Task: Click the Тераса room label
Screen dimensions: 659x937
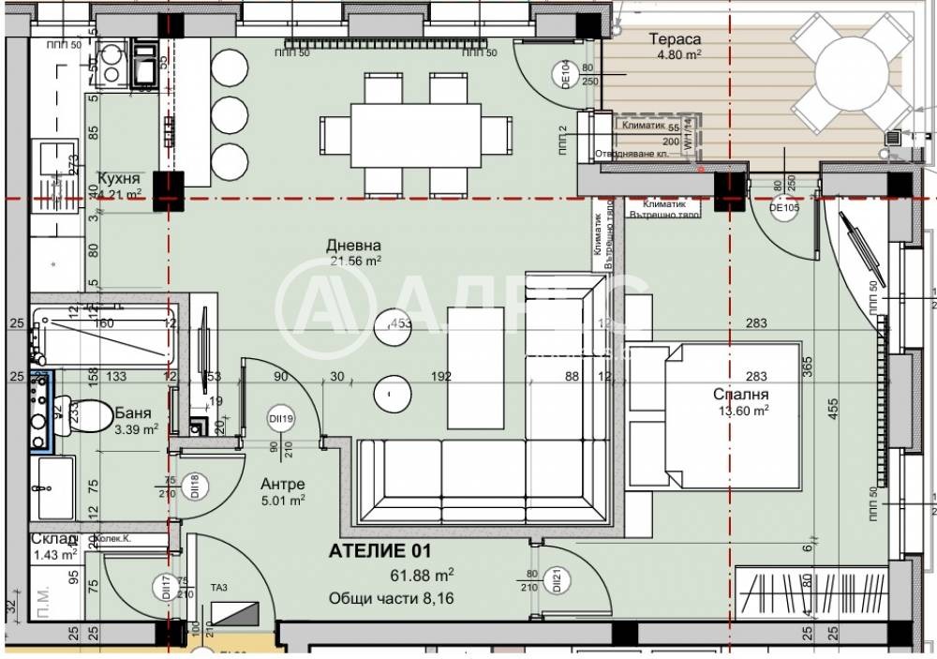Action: click(675, 39)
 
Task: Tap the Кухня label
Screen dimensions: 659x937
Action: click(119, 178)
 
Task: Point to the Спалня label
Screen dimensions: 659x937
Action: click(740, 395)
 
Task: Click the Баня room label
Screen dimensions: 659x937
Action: click(134, 412)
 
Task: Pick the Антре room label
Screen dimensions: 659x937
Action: click(282, 484)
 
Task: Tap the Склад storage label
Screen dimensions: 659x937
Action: click(53, 539)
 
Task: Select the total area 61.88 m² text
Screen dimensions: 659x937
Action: click(423, 574)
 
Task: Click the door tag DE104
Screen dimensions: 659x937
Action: click(566, 72)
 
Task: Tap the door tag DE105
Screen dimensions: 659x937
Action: click(783, 208)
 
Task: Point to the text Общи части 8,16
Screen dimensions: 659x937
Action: click(391, 598)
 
